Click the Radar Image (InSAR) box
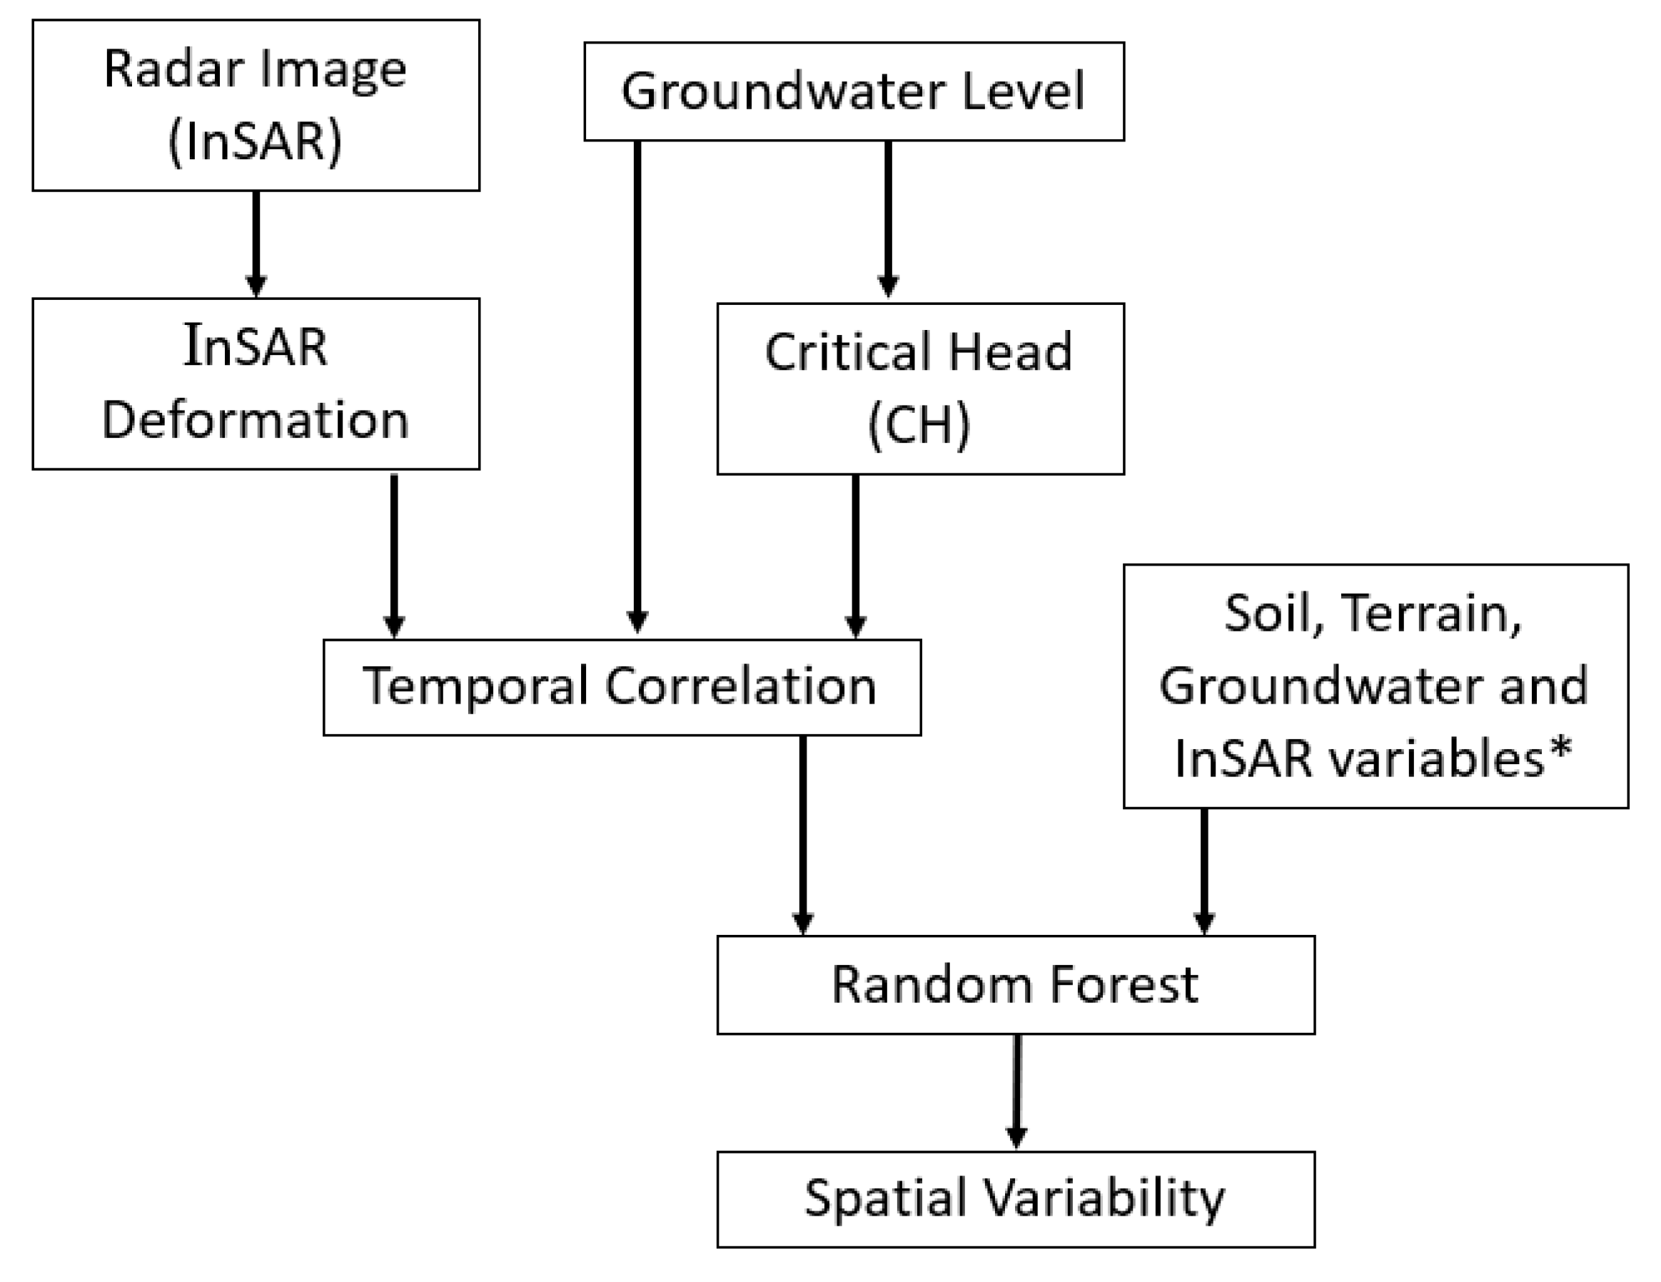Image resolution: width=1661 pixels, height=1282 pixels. [x=256, y=105]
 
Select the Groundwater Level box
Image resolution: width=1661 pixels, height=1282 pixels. [x=853, y=91]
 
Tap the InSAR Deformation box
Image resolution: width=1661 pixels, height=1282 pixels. [x=256, y=384]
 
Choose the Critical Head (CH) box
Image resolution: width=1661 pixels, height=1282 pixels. [x=920, y=389]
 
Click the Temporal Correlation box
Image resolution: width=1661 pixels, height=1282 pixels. [x=621, y=687]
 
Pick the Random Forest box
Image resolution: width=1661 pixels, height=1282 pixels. [x=1015, y=984]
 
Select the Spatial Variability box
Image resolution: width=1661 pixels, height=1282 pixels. [x=1015, y=1199]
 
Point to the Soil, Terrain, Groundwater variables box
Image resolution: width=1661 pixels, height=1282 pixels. [x=1375, y=686]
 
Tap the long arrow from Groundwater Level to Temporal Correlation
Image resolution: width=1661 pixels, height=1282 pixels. [x=637, y=381]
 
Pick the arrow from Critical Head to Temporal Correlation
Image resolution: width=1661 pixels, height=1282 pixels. [x=856, y=556]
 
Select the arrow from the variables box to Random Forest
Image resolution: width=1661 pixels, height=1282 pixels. [x=1204, y=871]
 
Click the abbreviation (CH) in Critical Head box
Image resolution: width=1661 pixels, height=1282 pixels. [x=919, y=424]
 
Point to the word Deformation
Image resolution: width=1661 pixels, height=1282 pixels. [x=256, y=420]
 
